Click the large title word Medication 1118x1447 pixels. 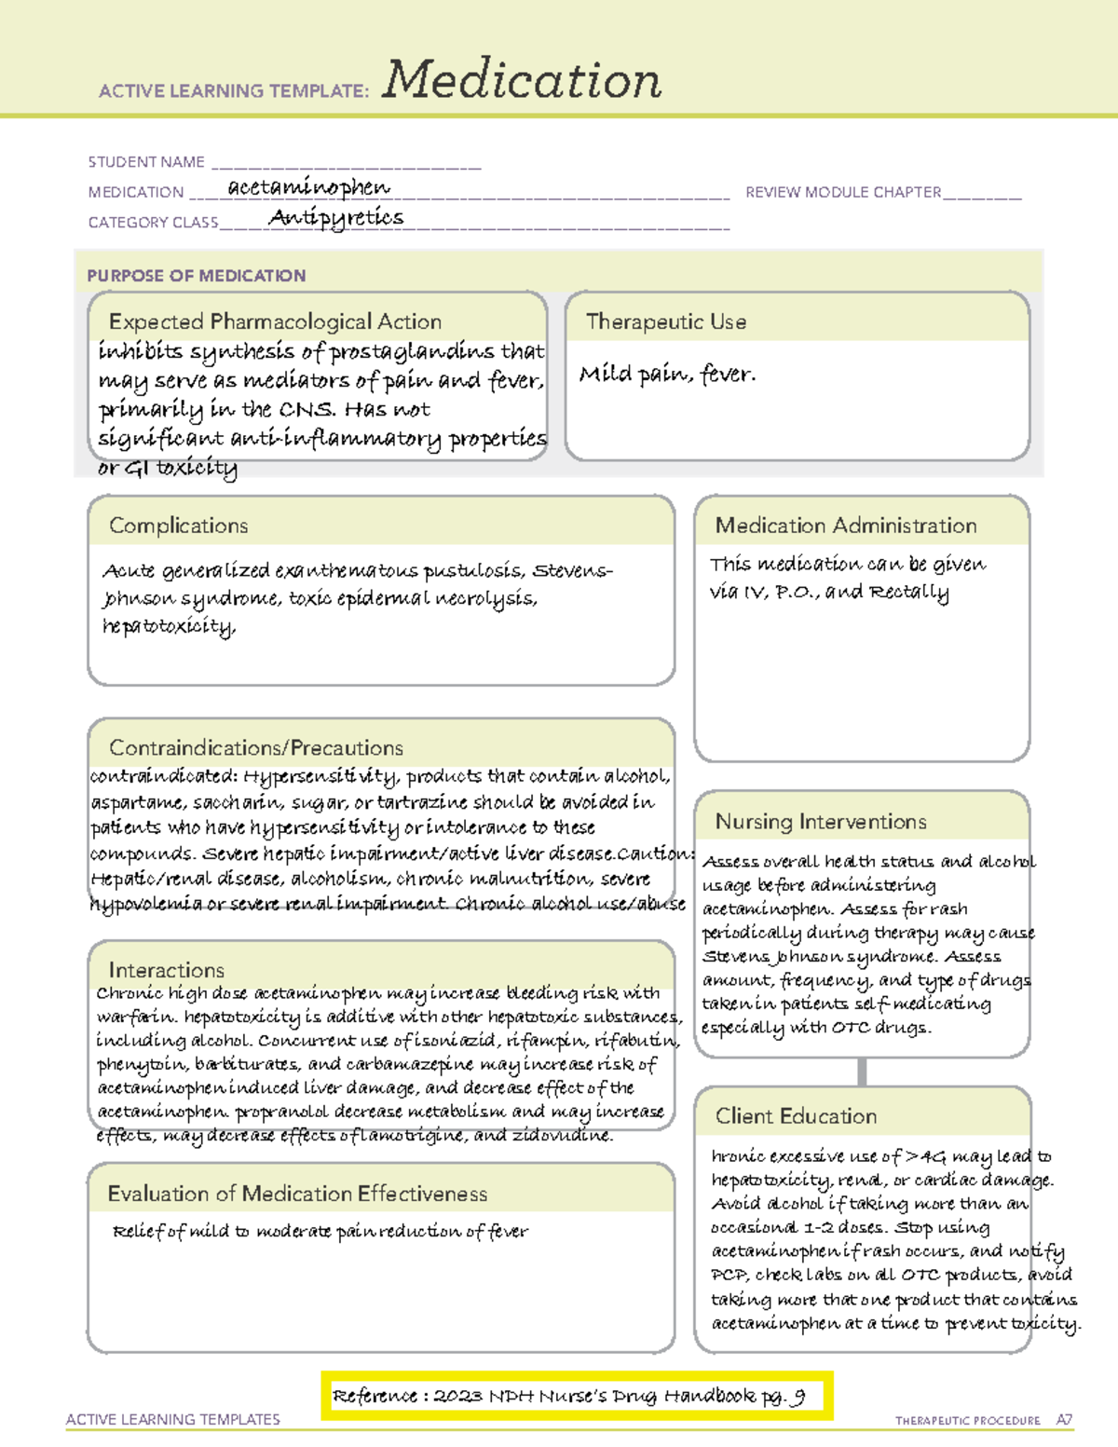[522, 80]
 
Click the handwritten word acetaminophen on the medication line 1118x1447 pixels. [308, 187]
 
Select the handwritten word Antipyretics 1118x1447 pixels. [336, 218]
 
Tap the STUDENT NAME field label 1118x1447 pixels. [146, 162]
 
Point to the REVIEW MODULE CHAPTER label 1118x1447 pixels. [843, 192]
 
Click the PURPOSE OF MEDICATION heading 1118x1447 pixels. [197, 276]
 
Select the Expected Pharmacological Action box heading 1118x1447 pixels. [275, 321]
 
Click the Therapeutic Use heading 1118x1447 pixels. [666, 321]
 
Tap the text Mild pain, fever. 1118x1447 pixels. [667, 375]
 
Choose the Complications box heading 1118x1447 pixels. [179, 526]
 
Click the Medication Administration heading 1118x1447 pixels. [846, 526]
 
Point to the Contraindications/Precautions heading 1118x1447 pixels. [256, 747]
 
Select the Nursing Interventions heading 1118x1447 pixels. [821, 822]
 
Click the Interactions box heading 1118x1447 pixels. [167, 970]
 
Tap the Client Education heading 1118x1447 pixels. [796, 1116]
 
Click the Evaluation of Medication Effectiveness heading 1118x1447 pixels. [297, 1194]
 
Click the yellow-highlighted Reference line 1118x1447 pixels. [576, 1396]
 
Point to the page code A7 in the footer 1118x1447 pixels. [1064, 1420]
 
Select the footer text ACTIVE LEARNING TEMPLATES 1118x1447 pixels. [173, 1419]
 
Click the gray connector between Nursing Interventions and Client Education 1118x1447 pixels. [862, 1072]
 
